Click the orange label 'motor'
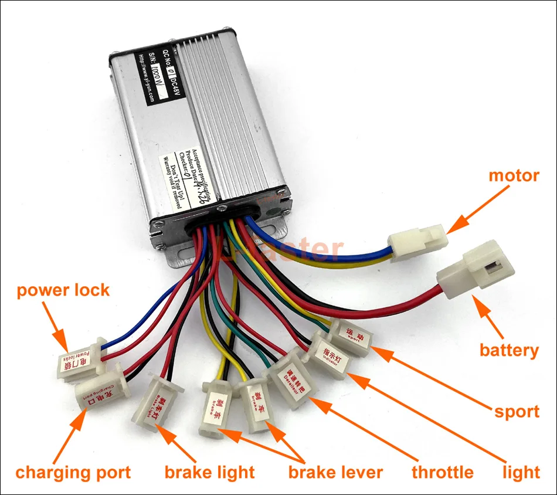(x=514, y=175)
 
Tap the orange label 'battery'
(x=508, y=350)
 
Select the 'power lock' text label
(x=63, y=290)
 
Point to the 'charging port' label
(x=73, y=472)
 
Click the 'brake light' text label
(x=209, y=472)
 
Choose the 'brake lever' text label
(x=335, y=472)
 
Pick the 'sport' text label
(x=517, y=411)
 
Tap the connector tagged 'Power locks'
(x=79, y=358)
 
